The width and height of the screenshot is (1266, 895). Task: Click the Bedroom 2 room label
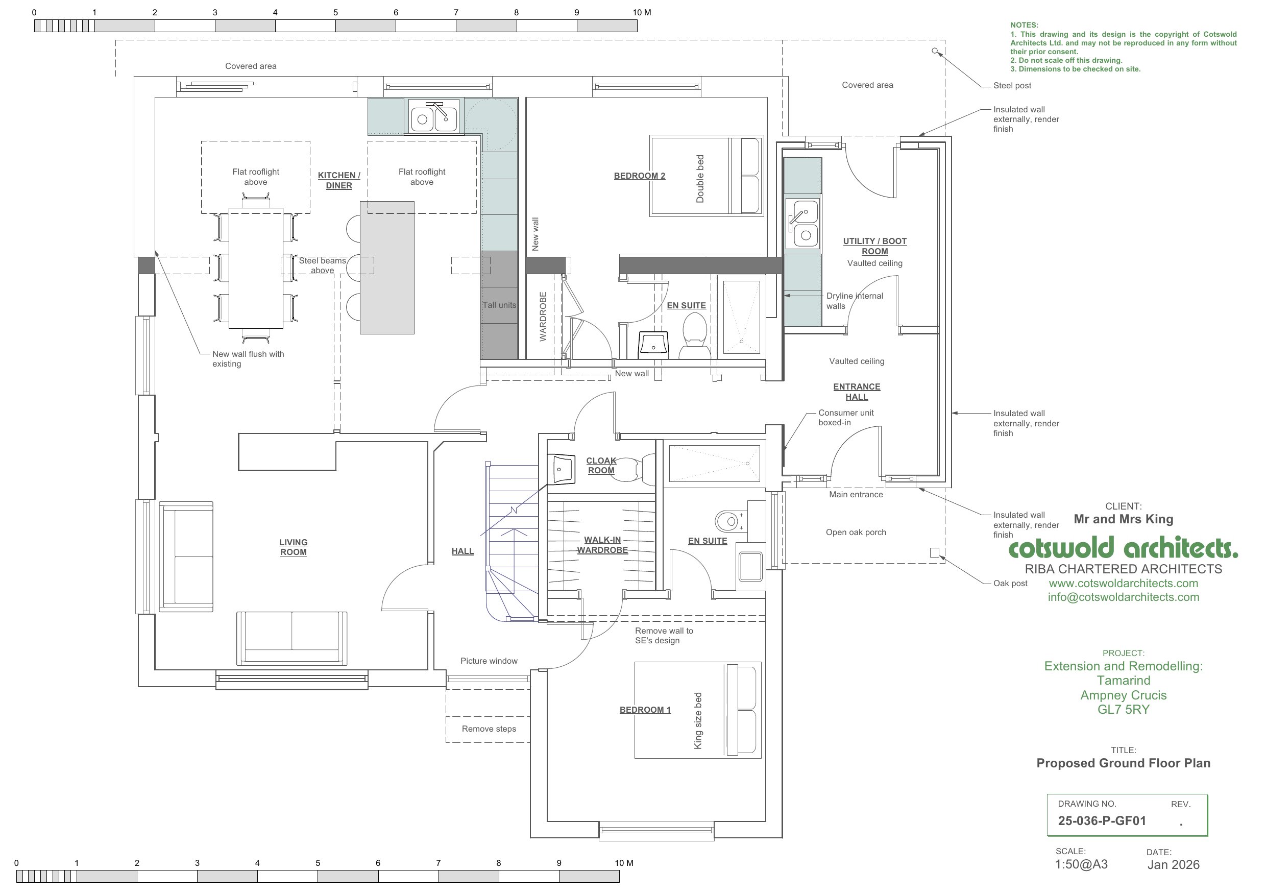pos(640,176)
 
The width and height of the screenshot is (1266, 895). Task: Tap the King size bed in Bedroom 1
pos(698,710)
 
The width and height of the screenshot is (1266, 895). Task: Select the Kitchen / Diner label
pos(339,180)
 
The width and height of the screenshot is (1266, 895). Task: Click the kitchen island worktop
pos(387,268)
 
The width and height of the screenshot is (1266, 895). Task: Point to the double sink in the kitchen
pos(434,116)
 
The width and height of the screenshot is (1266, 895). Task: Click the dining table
pos(256,268)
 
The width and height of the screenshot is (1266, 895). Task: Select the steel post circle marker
pos(935,51)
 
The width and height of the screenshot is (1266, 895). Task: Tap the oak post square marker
pos(935,552)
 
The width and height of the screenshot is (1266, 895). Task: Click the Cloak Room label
pos(601,466)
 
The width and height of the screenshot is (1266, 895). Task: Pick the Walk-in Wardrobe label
pos(603,545)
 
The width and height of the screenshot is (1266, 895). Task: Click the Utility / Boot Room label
pos(875,246)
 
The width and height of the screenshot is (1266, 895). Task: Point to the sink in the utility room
pos(803,223)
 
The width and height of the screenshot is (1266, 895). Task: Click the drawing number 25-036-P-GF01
pos(1102,820)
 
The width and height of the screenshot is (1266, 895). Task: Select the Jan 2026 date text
pos(1174,865)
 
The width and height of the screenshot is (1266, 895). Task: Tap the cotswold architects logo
pos(1123,548)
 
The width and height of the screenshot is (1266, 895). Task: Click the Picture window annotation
pos(489,661)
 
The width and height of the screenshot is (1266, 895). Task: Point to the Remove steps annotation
pos(489,729)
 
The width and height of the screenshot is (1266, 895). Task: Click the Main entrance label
pos(856,495)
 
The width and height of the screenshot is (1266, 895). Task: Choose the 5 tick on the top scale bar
pos(336,20)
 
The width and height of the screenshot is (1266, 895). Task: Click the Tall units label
pos(500,305)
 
